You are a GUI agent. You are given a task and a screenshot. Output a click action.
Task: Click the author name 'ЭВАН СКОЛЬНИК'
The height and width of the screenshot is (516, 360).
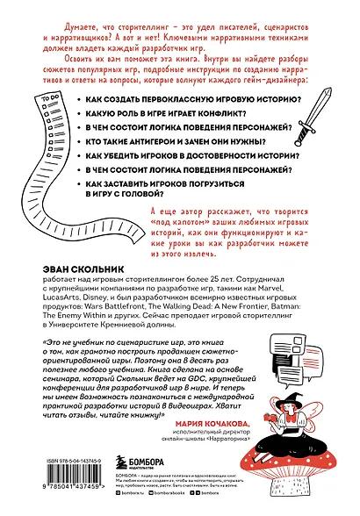(86, 247)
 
